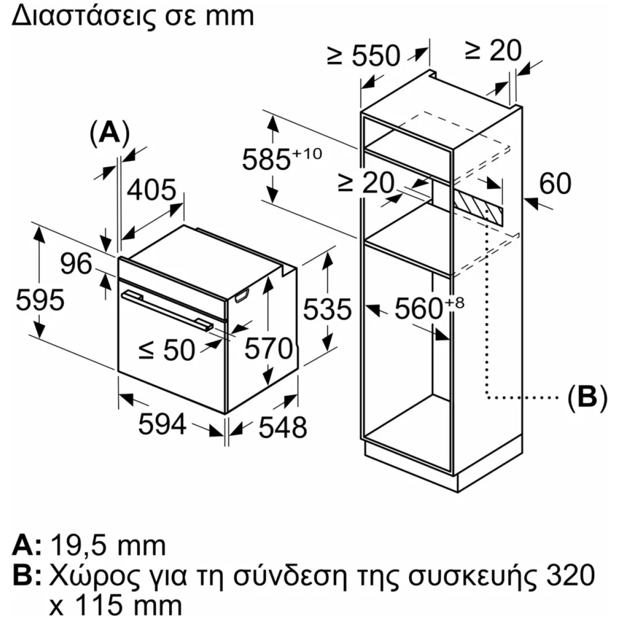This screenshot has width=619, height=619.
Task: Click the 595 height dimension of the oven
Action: pos(40,300)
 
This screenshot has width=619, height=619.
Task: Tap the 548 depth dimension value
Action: pos(283,427)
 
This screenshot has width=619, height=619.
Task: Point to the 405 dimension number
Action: pos(152,190)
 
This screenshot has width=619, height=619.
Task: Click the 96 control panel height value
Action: pos(76,264)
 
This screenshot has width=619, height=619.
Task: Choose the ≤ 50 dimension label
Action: pos(167,350)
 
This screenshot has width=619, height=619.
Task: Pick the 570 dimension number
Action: pos(269,348)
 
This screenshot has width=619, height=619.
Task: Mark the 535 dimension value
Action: pos(328,309)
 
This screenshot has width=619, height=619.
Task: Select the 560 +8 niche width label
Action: pos(430,308)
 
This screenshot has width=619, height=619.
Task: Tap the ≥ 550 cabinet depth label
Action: pos(363,56)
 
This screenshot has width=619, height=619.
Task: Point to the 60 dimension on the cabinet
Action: pos(555,184)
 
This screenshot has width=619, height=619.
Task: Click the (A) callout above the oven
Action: pos(110,134)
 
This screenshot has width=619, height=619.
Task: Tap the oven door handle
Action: pos(167,310)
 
